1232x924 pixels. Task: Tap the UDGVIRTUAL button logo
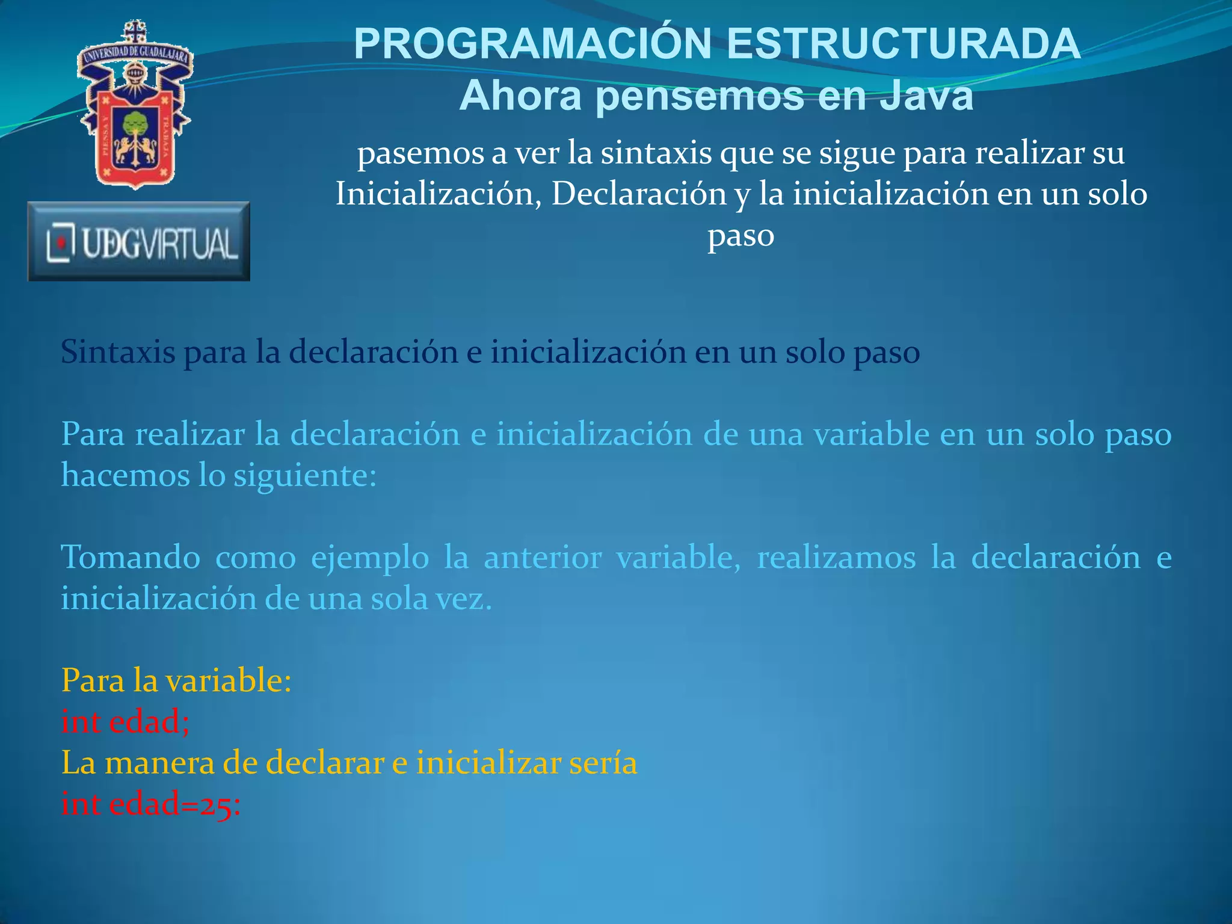pos(139,242)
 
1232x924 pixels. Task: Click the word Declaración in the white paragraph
pos(639,194)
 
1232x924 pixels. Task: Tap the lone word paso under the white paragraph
pos(741,235)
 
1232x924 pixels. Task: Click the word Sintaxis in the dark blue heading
pos(118,352)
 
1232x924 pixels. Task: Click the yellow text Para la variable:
pos(176,681)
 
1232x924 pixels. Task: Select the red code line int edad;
pos(125,721)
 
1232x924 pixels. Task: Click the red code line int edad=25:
pos(151,804)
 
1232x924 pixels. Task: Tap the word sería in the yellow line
pos(602,763)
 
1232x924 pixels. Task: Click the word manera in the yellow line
pos(159,763)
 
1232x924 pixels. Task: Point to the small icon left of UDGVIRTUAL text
pos(60,242)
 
